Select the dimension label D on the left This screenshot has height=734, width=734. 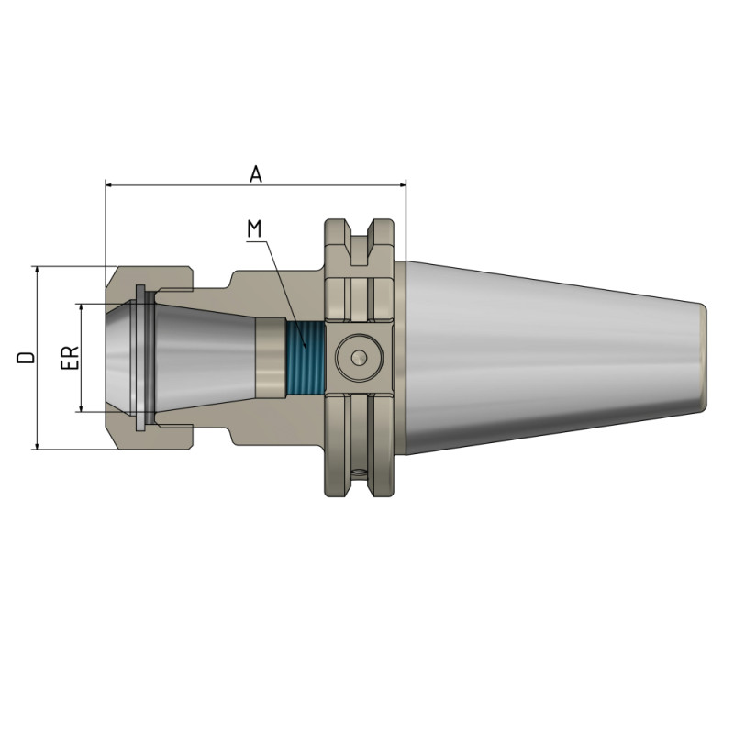click(28, 357)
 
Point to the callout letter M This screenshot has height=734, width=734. click(256, 227)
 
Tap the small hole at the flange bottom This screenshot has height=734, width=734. click(359, 473)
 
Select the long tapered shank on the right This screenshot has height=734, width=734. click(550, 357)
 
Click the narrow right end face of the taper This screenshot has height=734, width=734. click(705, 357)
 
